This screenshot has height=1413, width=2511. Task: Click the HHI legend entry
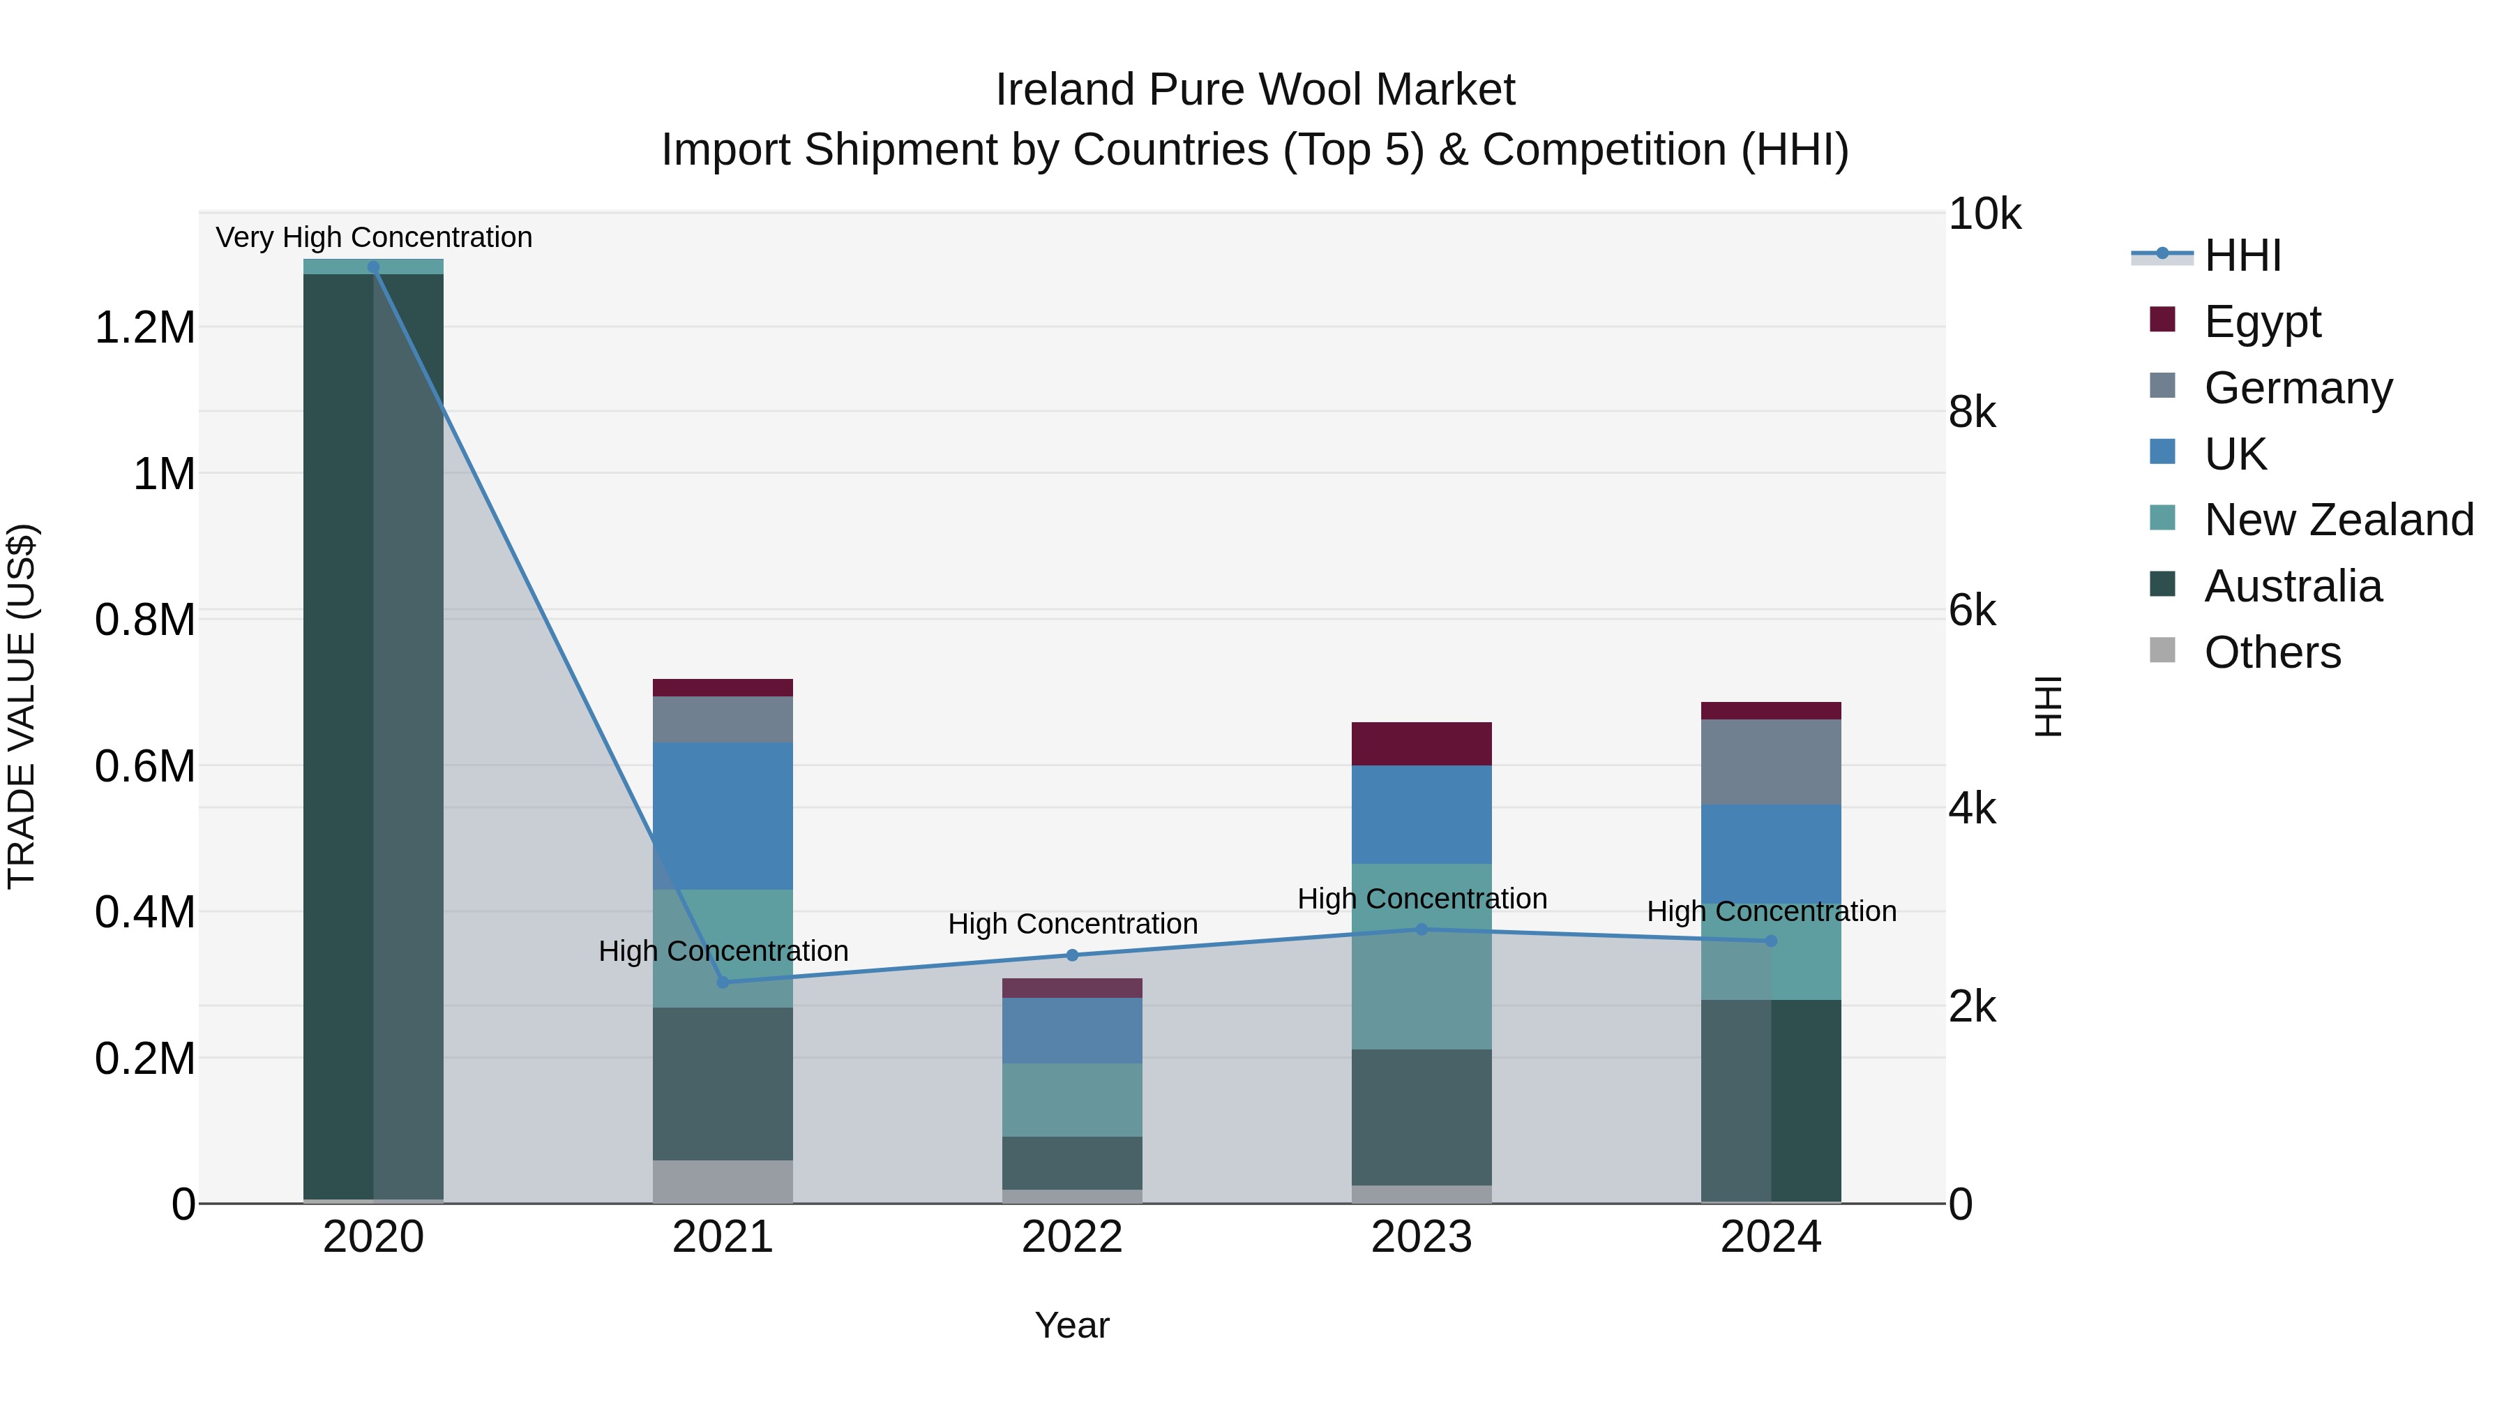pyautogui.click(x=2242, y=255)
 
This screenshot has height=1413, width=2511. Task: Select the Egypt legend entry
pyautogui.click(x=2261, y=322)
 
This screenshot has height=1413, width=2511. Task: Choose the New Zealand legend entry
pyautogui.click(x=2337, y=520)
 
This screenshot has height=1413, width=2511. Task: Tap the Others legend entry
pyautogui.click(x=2271, y=652)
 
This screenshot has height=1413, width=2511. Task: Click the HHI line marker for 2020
pyautogui.click(x=373, y=267)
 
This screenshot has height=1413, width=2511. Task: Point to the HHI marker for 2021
pyautogui.click(x=723, y=982)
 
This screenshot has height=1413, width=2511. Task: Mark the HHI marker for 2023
pyautogui.click(x=1422, y=929)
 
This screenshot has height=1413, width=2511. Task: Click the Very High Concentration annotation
pyautogui.click(x=373, y=237)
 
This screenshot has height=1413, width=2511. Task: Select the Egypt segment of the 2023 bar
pyautogui.click(x=1422, y=744)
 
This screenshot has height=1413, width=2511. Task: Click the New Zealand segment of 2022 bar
pyautogui.click(x=1072, y=1099)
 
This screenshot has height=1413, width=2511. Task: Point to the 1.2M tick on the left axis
pyautogui.click(x=144, y=328)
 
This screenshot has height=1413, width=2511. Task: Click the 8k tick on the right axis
pyautogui.click(x=1971, y=412)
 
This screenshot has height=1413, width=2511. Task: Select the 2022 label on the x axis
pyautogui.click(x=1072, y=1237)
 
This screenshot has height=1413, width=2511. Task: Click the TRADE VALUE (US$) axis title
pyautogui.click(x=22, y=706)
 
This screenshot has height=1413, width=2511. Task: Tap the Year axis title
pyautogui.click(x=1072, y=1325)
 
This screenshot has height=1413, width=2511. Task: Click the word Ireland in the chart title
pyautogui.click(x=1064, y=90)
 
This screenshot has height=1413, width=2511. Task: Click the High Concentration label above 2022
pyautogui.click(x=1072, y=923)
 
